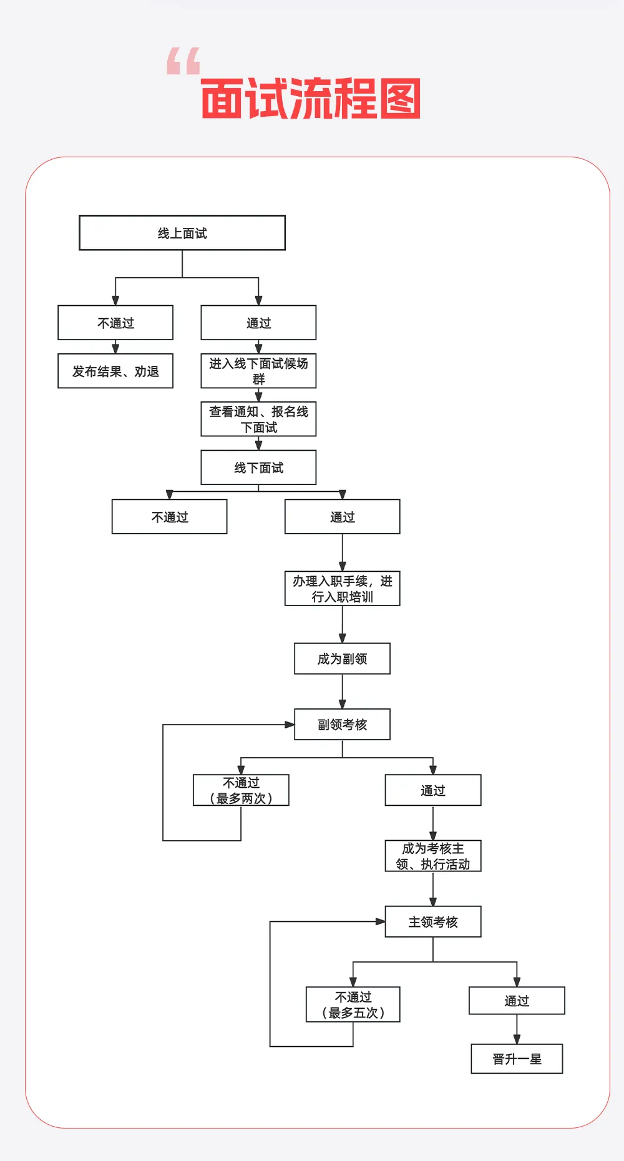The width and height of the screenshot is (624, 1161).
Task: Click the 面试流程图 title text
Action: coord(311,99)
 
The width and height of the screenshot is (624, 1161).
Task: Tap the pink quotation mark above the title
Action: coord(183,61)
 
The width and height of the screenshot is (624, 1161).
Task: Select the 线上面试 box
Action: coord(182,233)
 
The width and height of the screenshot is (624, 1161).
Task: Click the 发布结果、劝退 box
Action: coord(115,371)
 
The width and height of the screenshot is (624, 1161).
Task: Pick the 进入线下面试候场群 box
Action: coord(258,371)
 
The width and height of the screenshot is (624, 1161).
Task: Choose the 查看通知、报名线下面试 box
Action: coord(258,419)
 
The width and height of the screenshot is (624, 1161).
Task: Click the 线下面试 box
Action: coord(258,468)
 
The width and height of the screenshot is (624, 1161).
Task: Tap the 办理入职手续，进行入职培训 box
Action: coord(342,589)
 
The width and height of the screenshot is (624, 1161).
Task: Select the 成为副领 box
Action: coord(342,659)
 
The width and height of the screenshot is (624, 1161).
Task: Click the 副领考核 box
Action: coord(342,724)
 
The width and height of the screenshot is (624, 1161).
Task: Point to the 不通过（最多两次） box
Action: coord(241,790)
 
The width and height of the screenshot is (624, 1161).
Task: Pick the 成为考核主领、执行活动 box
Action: coord(433,856)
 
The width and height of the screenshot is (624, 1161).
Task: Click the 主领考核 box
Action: coord(433,922)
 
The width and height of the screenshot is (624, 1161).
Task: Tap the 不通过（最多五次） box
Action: coord(353,1004)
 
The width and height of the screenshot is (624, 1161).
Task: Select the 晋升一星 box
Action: coord(517,1059)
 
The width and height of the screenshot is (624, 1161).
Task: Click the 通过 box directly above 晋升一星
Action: coord(517,1001)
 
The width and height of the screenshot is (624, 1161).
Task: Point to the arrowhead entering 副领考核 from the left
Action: coord(290,725)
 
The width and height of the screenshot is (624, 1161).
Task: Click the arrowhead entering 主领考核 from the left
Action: coord(381,921)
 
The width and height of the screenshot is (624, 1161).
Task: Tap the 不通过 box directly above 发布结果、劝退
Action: coord(115,323)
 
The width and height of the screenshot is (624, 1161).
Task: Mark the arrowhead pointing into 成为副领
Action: coord(342,639)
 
